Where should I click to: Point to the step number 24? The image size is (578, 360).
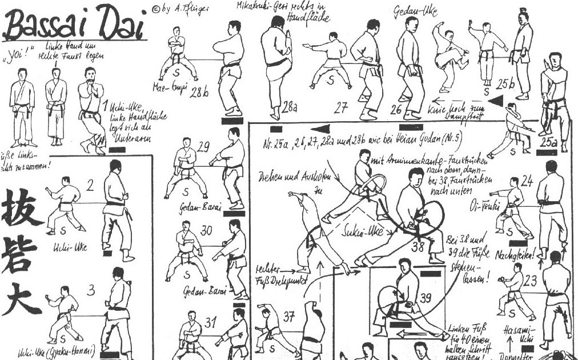click(527, 182)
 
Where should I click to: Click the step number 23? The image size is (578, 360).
click(531, 281)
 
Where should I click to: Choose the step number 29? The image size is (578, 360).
click(203, 147)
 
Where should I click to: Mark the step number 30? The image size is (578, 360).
click(207, 230)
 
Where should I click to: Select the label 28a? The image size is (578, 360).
click(290, 106)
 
